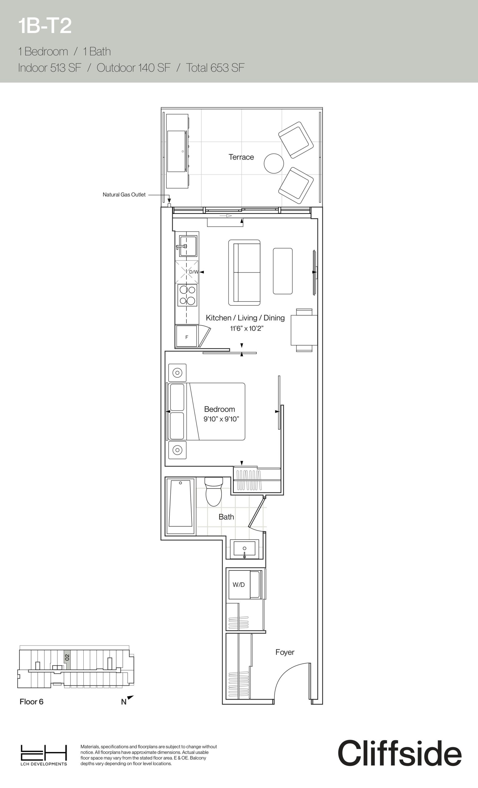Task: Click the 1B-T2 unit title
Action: click(45, 26)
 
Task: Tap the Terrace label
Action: click(241, 157)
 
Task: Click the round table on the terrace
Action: click(274, 163)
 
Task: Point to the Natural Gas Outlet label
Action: click(124, 195)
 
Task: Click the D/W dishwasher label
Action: click(193, 272)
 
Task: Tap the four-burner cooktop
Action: click(187, 295)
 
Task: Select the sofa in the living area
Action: click(245, 272)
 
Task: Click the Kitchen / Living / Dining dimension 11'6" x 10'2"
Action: click(247, 328)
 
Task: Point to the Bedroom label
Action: click(220, 409)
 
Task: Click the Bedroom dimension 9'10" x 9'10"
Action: click(221, 419)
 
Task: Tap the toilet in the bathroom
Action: click(214, 491)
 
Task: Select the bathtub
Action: click(181, 506)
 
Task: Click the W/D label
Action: click(239, 585)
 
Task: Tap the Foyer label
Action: click(285, 652)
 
